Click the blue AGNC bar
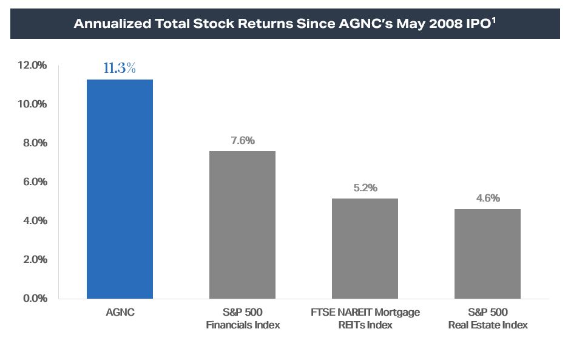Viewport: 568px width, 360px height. coord(120,189)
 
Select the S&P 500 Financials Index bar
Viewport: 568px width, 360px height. coord(243,225)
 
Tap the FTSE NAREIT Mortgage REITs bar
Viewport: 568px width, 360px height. coord(365,248)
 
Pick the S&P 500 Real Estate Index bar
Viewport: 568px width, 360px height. coord(488,254)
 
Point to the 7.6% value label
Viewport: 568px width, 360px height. coord(243,141)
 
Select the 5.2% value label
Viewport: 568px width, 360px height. coord(365,188)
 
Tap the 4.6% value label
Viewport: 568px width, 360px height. coord(488,199)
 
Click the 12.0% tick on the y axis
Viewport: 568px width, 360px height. coord(30,65)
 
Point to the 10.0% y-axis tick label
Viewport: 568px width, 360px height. coord(30,104)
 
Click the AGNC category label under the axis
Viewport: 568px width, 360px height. coord(120,313)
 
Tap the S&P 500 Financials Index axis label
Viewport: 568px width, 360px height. coord(243,319)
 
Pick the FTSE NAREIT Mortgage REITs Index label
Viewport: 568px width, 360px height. coord(365,319)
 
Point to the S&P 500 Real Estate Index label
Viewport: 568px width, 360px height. coord(488,319)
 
